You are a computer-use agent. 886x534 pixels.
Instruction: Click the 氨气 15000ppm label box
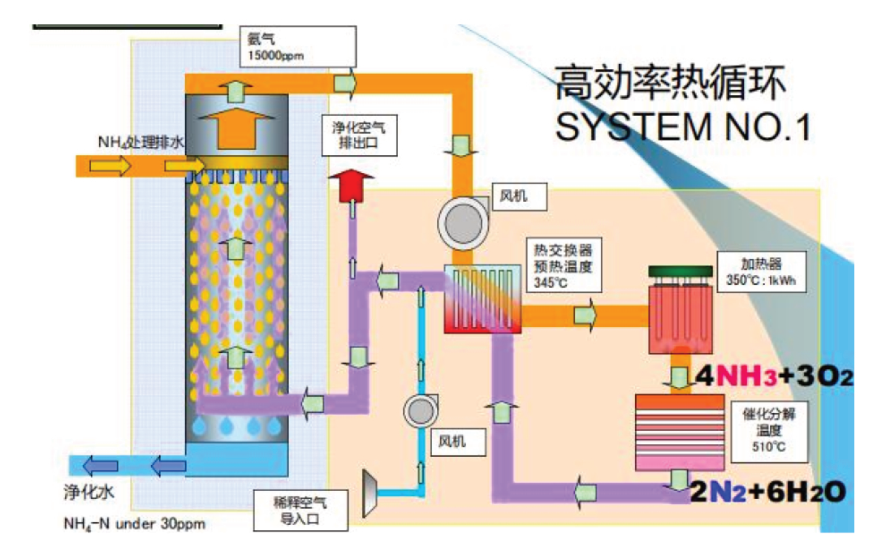click(x=297, y=46)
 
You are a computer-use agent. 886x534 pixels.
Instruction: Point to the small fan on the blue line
click(x=420, y=411)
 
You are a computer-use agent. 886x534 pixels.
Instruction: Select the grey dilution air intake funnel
click(x=369, y=487)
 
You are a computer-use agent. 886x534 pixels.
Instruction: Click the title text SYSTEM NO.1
click(x=681, y=127)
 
